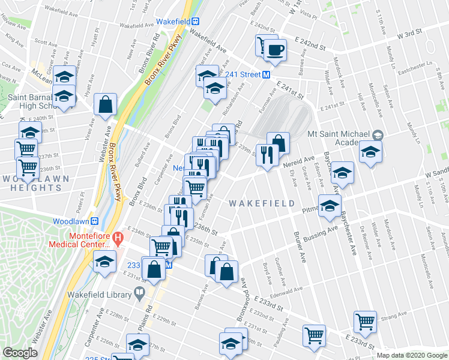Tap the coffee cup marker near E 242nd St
click(x=276, y=50)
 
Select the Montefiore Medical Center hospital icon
click(x=118, y=239)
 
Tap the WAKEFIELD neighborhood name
click(x=262, y=203)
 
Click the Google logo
click(x=20, y=353)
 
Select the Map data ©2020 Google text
click(x=411, y=355)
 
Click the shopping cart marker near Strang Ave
click(x=365, y=322)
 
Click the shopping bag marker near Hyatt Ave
click(x=106, y=103)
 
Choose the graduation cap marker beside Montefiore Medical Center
click(x=104, y=262)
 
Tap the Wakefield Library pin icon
click(x=140, y=293)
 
